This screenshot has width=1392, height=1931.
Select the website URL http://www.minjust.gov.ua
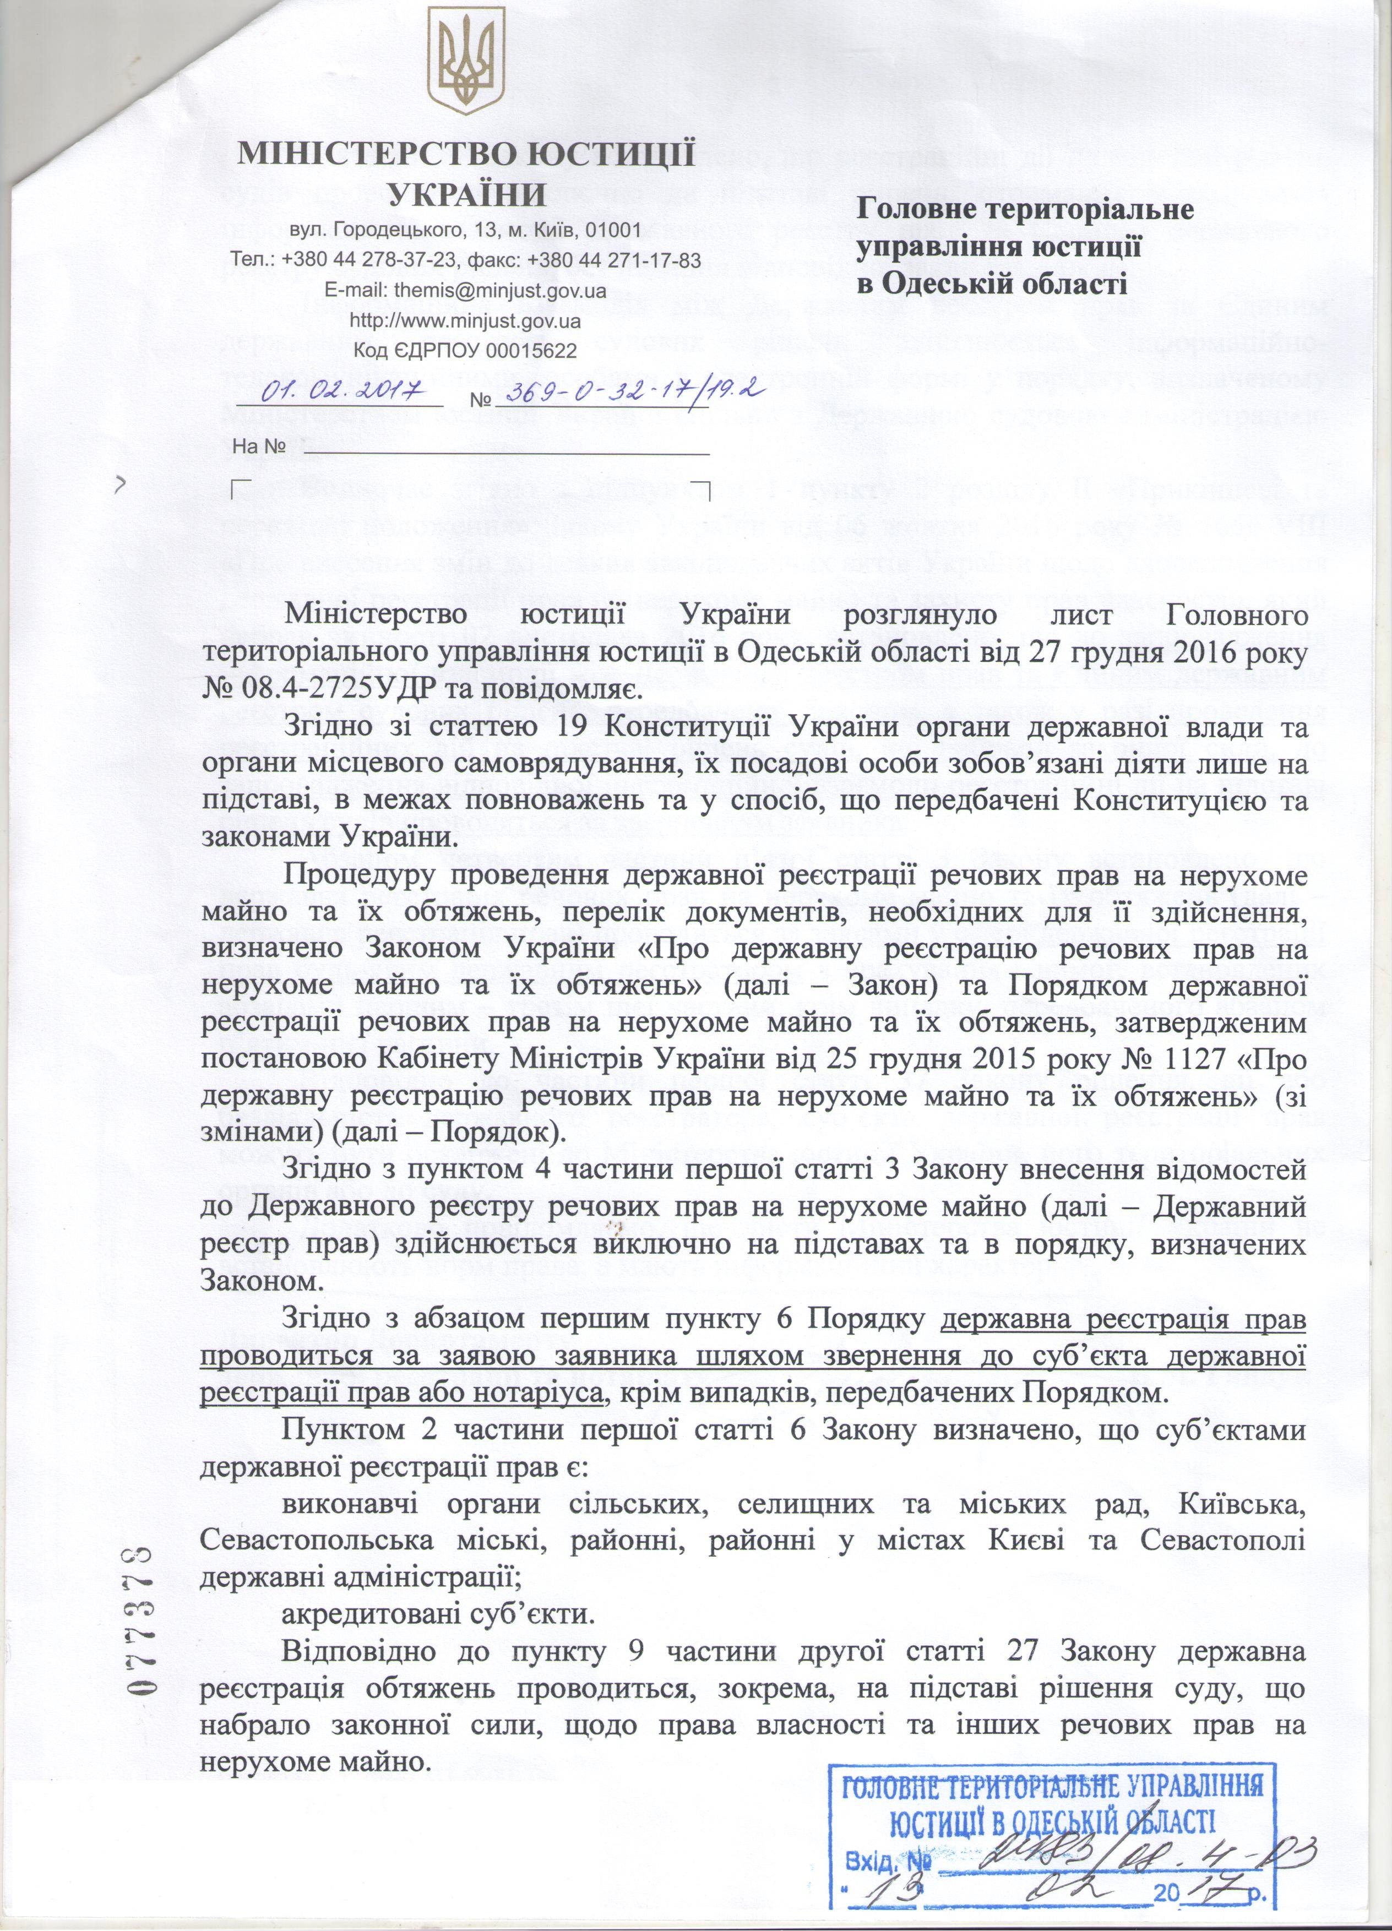[x=466, y=321]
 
